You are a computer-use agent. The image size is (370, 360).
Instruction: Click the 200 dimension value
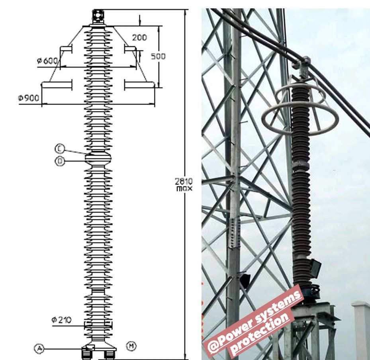point(139,37)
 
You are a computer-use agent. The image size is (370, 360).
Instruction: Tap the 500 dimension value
point(158,57)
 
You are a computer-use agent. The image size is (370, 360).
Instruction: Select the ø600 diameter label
point(47,61)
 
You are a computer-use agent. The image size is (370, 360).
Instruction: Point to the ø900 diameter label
point(29,98)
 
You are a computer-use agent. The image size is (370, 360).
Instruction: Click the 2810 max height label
point(184,184)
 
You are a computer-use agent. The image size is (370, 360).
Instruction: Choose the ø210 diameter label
point(61,320)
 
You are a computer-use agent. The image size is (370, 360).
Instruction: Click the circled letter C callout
point(60,149)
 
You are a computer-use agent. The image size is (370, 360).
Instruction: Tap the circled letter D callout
point(60,161)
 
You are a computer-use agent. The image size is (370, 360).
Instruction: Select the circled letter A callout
point(39,348)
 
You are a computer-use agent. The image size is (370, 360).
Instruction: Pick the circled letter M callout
point(131,346)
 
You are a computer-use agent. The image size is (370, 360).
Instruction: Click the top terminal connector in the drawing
point(98,16)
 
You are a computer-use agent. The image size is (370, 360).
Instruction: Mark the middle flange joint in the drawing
point(98,158)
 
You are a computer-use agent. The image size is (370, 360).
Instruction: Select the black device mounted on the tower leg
point(245,280)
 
